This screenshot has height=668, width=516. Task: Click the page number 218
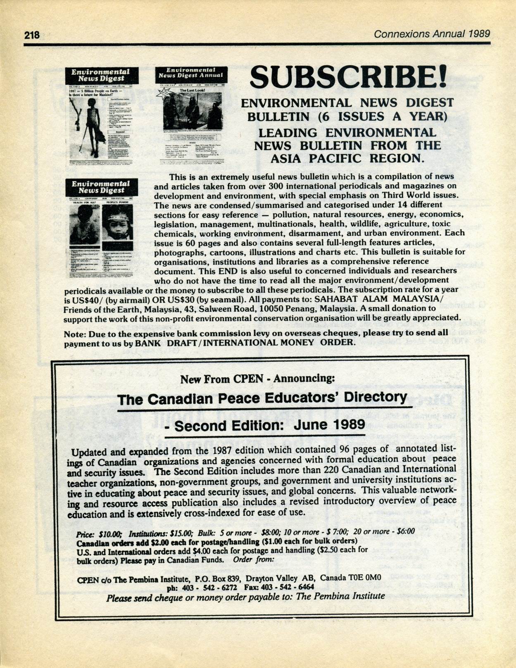pos(31,35)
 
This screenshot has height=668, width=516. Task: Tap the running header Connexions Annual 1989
pos(432,34)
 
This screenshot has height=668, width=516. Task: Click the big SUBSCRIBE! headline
pos(348,77)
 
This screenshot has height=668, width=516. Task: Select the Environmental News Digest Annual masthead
pos(191,73)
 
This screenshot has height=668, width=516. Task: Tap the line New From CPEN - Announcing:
pos(258,378)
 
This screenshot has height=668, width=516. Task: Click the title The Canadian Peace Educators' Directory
pos(262,399)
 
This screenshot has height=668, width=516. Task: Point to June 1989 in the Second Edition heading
pos(329,424)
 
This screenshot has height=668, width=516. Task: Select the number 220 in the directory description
pos(333,469)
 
